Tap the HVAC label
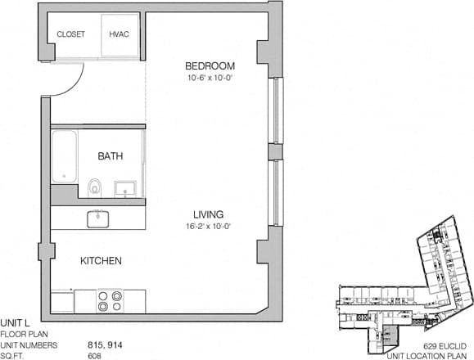click(x=120, y=34)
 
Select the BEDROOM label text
click(x=210, y=66)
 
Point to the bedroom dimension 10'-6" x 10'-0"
click(x=210, y=79)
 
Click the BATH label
click(x=111, y=155)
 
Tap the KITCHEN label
click(x=101, y=261)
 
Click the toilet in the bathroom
click(x=94, y=188)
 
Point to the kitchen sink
click(x=98, y=218)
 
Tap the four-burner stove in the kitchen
click(x=110, y=301)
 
